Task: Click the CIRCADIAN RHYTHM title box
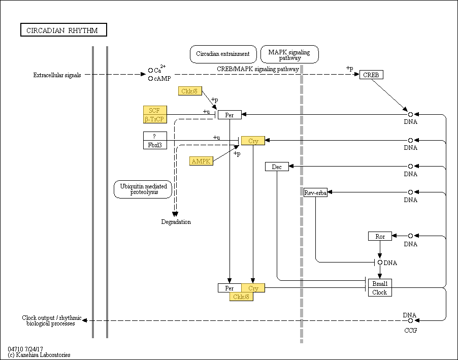(x=63, y=30)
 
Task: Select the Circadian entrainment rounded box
(x=223, y=54)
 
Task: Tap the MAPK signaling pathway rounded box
(x=289, y=54)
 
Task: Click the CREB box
(x=371, y=75)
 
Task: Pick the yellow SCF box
(x=155, y=110)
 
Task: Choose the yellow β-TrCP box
(x=155, y=119)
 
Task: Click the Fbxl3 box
(x=155, y=145)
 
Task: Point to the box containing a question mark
(x=155, y=136)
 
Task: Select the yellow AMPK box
(x=201, y=161)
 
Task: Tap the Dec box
(x=277, y=167)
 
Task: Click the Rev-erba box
(x=315, y=192)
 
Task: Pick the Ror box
(x=380, y=236)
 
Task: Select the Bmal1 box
(x=380, y=283)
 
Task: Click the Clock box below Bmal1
(x=380, y=292)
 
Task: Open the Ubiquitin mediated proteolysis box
(x=143, y=189)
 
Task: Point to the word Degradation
(x=176, y=222)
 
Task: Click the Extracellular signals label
(x=57, y=75)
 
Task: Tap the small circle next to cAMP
(x=150, y=79)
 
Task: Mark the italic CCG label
(x=410, y=330)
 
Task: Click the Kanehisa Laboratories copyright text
(x=39, y=355)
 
